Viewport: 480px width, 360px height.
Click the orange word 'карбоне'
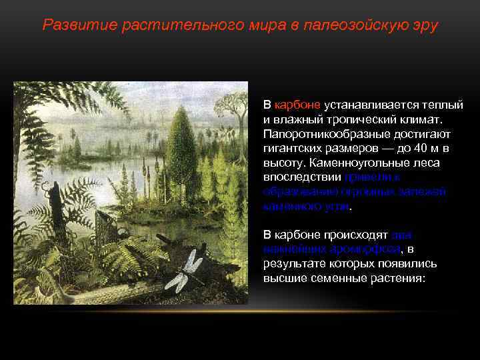click(x=297, y=105)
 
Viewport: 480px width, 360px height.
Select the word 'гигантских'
click(x=294, y=149)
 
